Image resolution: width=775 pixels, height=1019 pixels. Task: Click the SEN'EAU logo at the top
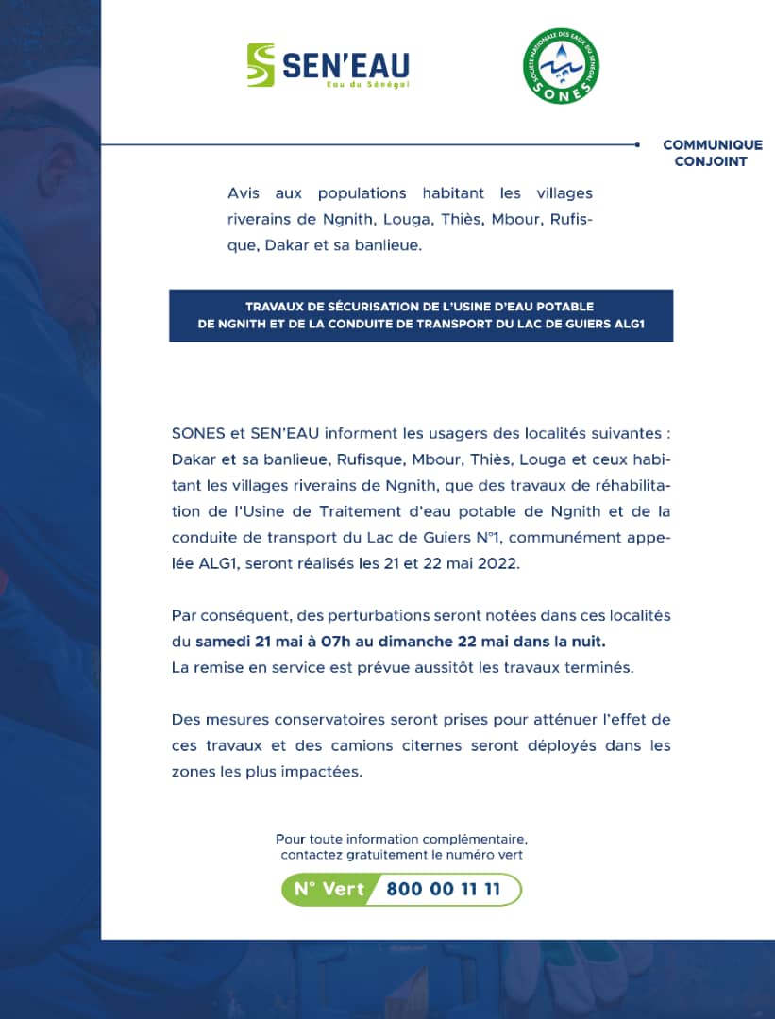pyautogui.click(x=328, y=65)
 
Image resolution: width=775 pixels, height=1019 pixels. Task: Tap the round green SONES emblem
pyautogui.click(x=562, y=66)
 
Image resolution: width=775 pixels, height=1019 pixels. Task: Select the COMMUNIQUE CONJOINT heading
pyautogui.click(x=712, y=153)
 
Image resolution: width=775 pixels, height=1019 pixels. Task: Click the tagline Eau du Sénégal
pyautogui.click(x=367, y=84)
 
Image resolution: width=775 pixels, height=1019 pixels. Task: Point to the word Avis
pyautogui.click(x=244, y=193)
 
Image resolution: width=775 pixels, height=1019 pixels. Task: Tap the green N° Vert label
pyautogui.click(x=329, y=889)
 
